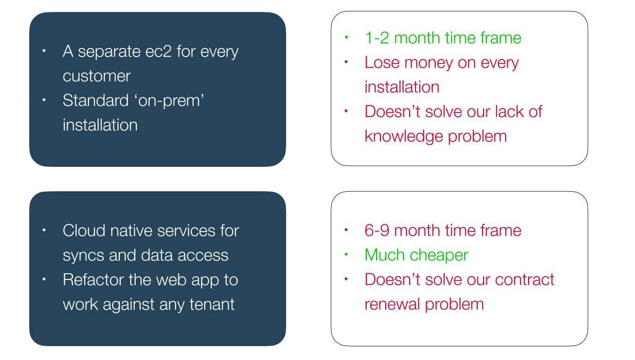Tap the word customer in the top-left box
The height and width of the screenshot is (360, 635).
coord(97,76)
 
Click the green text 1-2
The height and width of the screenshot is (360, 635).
coord(377,38)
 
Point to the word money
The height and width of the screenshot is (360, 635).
coord(428,63)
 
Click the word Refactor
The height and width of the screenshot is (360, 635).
coord(93,279)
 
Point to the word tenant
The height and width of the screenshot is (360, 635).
coord(212,304)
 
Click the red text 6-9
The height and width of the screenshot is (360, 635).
coord(377,230)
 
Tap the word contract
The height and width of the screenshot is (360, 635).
coord(524,280)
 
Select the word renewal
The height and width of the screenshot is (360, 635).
coord(392,304)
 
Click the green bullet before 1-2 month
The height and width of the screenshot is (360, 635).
coord(346,37)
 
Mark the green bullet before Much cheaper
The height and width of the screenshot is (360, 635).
coord(346,255)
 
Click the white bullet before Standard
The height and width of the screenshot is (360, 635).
coord(44,100)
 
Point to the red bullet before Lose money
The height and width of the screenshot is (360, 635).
coord(346,62)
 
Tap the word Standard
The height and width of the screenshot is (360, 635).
coord(95,101)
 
